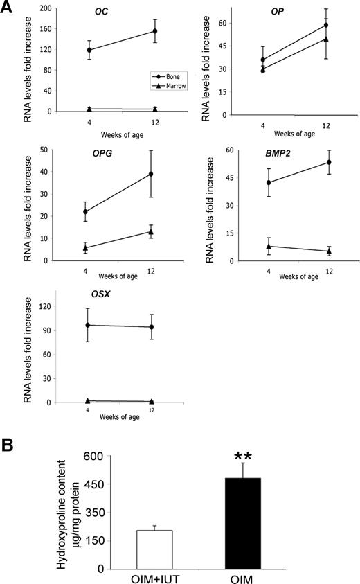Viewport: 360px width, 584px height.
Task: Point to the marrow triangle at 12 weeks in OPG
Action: coord(151,231)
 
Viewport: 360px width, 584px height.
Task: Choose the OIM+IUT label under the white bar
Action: coord(159,577)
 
